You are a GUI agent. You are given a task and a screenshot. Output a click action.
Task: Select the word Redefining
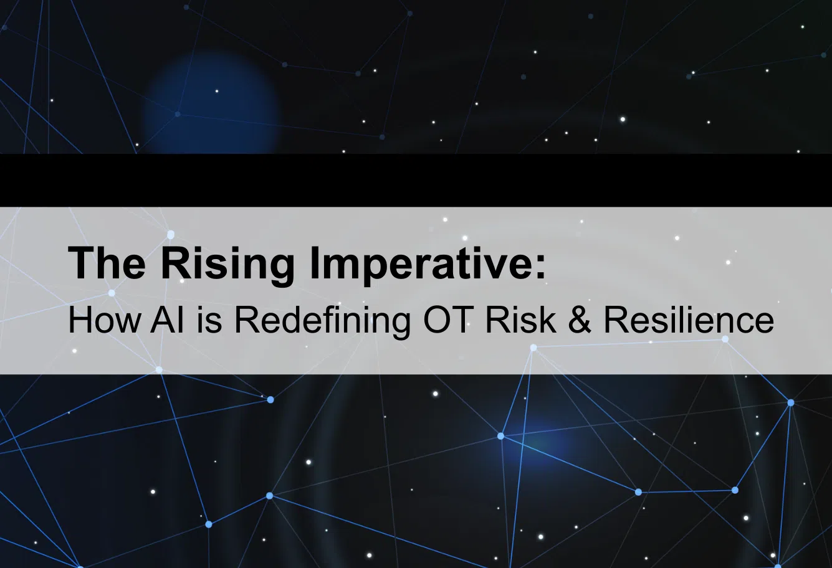(x=322, y=323)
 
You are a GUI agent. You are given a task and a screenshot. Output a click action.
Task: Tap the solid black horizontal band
(x=416, y=181)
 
